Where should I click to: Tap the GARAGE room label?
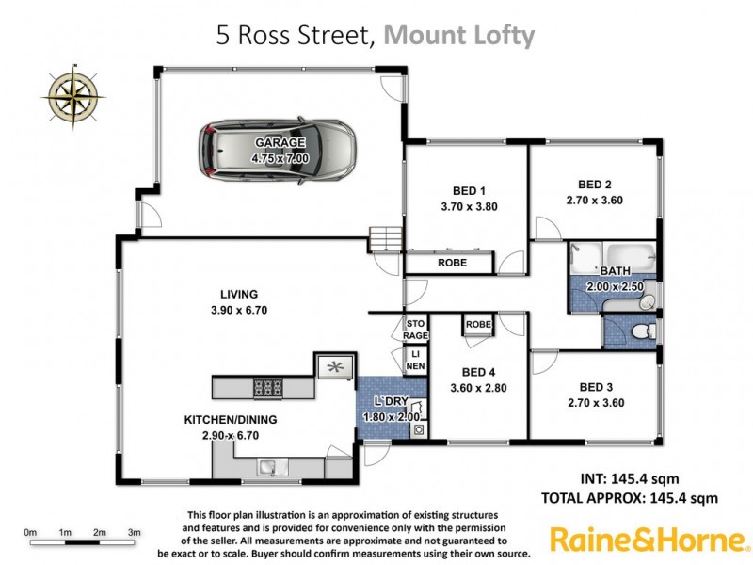pyautogui.click(x=280, y=143)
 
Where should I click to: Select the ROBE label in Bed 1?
pyautogui.click(x=453, y=264)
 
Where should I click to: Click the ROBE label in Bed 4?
pyautogui.click(x=478, y=324)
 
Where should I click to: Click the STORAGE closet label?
pyautogui.click(x=415, y=329)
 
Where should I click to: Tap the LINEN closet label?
pyautogui.click(x=414, y=361)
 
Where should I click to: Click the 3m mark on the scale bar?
pyautogui.click(x=135, y=533)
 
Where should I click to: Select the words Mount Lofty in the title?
pyautogui.click(x=460, y=36)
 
